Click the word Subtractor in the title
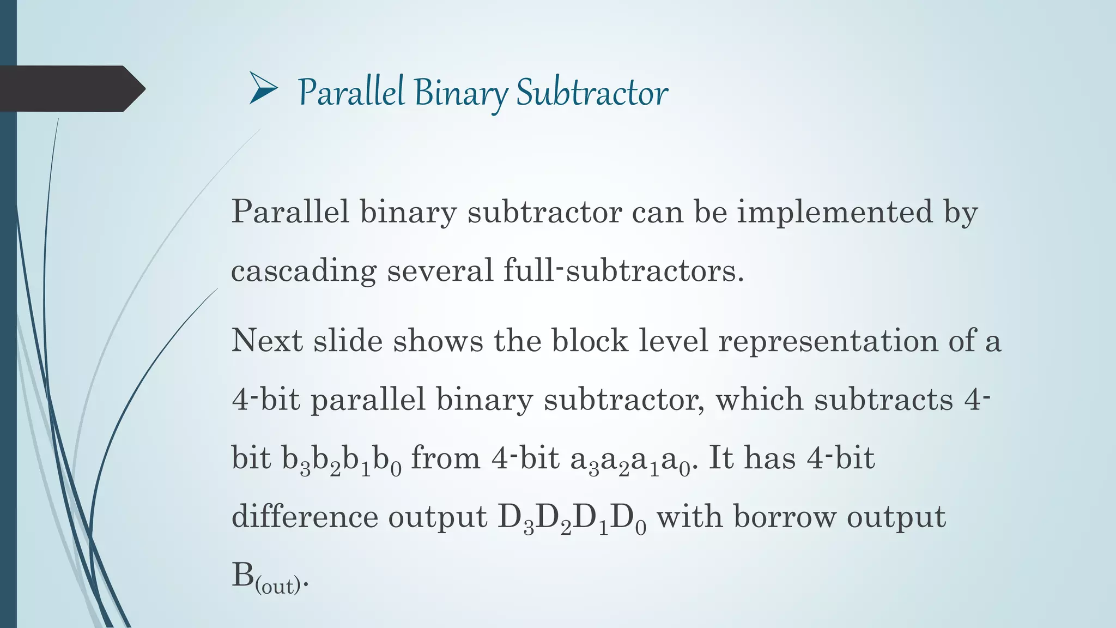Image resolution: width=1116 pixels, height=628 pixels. [592, 93]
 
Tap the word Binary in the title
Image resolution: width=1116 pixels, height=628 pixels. [460, 93]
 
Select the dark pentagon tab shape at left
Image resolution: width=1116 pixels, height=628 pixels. [71, 89]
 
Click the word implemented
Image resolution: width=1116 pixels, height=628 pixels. [835, 212]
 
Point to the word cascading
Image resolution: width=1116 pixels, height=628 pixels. [304, 270]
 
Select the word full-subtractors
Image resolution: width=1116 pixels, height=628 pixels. [623, 270]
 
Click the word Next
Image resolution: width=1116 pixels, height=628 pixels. [267, 341]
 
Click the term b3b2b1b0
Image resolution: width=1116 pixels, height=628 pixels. [342, 460]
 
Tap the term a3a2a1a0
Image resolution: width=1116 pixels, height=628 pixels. [630, 460]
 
